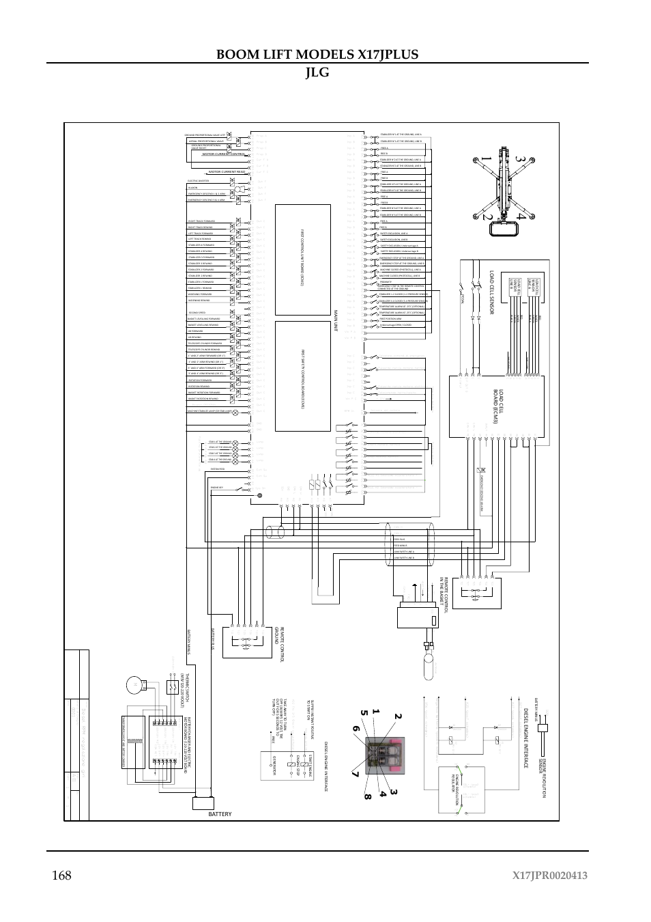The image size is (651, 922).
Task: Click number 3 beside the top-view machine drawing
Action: point(520,159)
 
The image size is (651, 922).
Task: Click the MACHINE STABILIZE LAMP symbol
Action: point(237,412)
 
